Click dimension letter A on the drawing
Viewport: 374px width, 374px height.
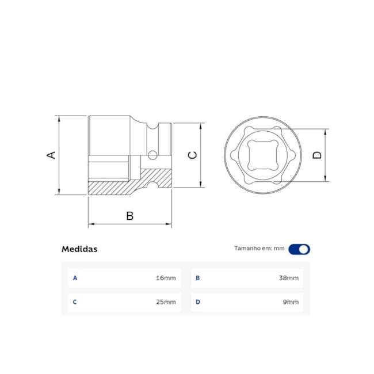(51, 155)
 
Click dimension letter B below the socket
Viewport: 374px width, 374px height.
(130, 216)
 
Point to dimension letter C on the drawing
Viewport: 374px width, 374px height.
(193, 155)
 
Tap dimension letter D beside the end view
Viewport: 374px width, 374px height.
(316, 155)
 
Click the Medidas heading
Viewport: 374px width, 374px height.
(79, 249)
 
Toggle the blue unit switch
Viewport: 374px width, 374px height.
(299, 249)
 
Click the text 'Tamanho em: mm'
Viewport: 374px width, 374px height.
(259, 249)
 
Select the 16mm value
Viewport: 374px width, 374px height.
(166, 278)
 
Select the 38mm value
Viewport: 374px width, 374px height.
(289, 278)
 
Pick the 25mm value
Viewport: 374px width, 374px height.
(166, 302)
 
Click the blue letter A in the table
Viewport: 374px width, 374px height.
(75, 278)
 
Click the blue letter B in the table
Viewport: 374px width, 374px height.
(198, 278)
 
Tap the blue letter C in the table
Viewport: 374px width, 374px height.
(75, 302)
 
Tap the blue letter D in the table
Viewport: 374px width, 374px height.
(198, 302)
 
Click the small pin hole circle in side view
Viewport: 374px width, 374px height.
(152, 154)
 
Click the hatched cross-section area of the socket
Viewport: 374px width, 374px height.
(115, 188)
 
